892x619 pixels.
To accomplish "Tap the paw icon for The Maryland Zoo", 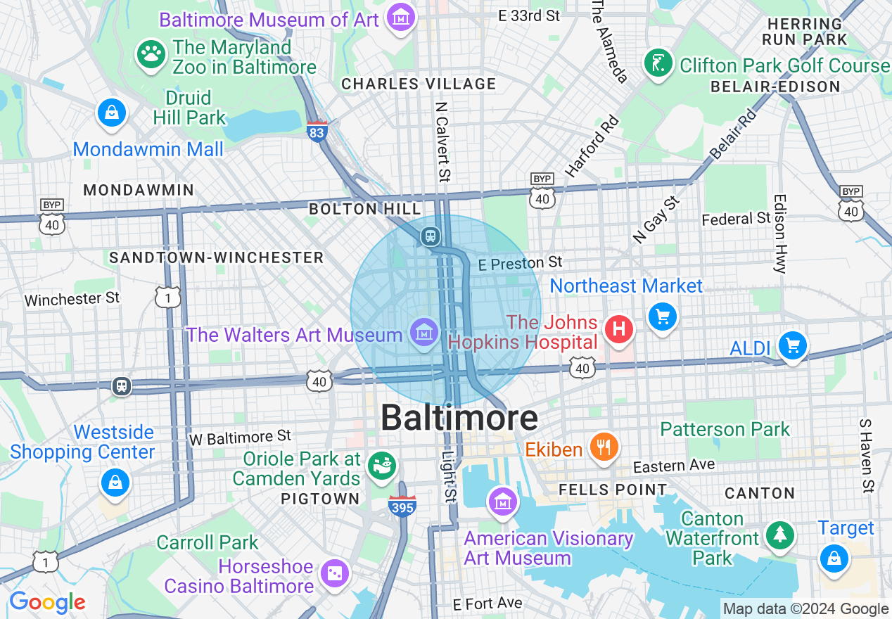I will click(151, 54).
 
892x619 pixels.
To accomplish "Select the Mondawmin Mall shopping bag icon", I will click(112, 113).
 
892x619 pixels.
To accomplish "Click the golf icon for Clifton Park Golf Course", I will click(658, 64).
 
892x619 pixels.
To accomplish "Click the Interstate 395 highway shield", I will click(402, 505).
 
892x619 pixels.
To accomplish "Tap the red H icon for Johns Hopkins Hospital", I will click(619, 329).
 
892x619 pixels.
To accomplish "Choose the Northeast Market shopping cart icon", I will click(662, 316).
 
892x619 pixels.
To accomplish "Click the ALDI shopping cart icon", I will click(793, 345).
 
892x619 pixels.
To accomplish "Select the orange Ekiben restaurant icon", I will click(604, 446).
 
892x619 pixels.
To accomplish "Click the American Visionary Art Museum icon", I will click(503, 502).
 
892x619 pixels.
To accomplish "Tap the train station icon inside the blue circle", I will click(430, 236).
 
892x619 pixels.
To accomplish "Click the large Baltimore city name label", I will click(459, 419).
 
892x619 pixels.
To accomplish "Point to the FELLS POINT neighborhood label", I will click(612, 490).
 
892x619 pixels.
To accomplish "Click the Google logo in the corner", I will click(46, 603).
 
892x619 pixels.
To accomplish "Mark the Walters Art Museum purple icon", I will click(424, 331).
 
